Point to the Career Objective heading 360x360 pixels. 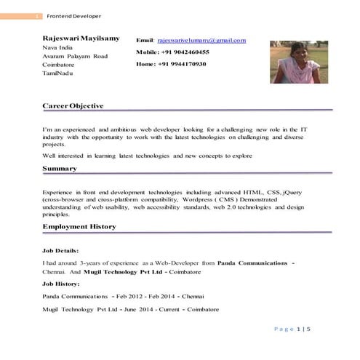pyautogui.click(x=73, y=106)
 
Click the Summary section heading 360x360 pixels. pyautogui.click(x=60, y=169)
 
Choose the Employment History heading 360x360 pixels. pyautogui.click(x=79, y=227)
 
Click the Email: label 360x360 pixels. pyautogui.click(x=145, y=41)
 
